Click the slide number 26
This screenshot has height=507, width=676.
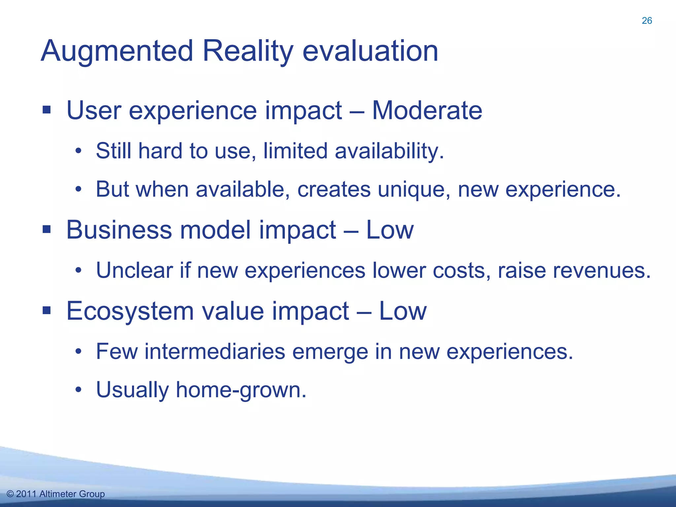pos(647,21)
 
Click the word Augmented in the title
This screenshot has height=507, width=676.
pos(117,51)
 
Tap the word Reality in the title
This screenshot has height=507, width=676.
pos(247,51)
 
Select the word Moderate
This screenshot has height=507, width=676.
pos(427,110)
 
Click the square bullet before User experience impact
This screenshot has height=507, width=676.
pos(47,110)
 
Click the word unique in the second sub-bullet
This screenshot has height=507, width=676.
pos(414,189)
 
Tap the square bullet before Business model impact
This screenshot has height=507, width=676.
pos(47,229)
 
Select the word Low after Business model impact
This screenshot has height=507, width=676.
pos(389,230)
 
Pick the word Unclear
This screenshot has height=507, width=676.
pos(134,271)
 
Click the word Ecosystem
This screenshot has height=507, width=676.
pos(130,311)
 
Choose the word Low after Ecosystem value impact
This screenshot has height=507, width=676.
pos(402,311)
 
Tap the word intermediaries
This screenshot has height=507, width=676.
pos(215,351)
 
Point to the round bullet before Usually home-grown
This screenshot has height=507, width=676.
pos(78,390)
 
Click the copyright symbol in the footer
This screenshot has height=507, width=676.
pos(10,494)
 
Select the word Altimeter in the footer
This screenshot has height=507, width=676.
pos(58,494)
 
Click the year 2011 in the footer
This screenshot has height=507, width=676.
pos(26,494)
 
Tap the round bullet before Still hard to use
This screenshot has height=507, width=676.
pos(78,151)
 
